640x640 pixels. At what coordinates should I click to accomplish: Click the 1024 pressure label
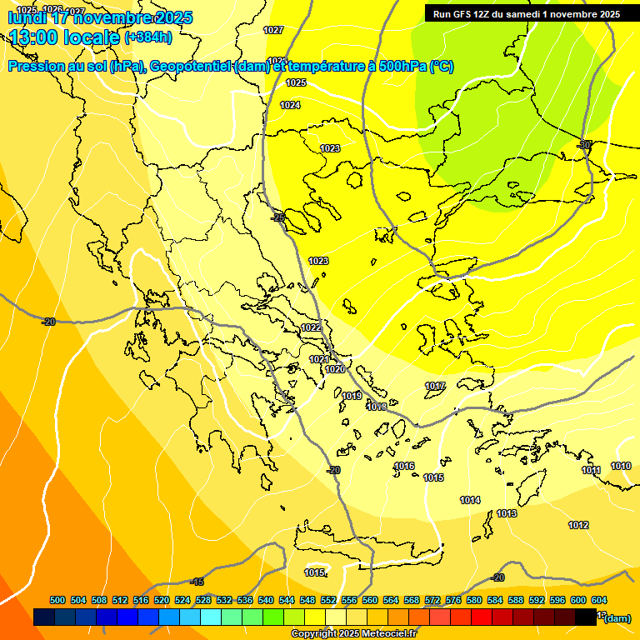point(290,105)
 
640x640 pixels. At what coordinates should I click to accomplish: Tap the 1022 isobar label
point(312,327)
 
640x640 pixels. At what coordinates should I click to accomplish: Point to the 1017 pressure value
point(435,386)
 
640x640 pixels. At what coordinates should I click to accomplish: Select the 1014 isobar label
point(470,500)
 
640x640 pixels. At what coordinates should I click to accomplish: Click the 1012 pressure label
point(578,525)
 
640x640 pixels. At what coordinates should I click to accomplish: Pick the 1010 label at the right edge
point(621,466)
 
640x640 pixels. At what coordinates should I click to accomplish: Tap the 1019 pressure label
point(352,396)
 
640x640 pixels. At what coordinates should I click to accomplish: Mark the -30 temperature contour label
point(584,144)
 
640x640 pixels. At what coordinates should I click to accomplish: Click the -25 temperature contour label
point(278,217)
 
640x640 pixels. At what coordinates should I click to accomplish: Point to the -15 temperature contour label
point(197,582)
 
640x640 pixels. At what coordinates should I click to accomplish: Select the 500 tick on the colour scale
point(57,600)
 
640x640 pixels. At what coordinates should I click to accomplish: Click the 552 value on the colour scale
point(328,600)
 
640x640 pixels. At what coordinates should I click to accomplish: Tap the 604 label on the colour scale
point(599,600)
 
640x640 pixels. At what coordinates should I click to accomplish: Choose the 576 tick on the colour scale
point(453,600)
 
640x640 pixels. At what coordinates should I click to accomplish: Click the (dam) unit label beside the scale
point(617,617)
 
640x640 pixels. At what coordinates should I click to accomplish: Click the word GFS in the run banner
point(466,14)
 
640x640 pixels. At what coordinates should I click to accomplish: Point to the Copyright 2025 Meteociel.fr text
point(353,633)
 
